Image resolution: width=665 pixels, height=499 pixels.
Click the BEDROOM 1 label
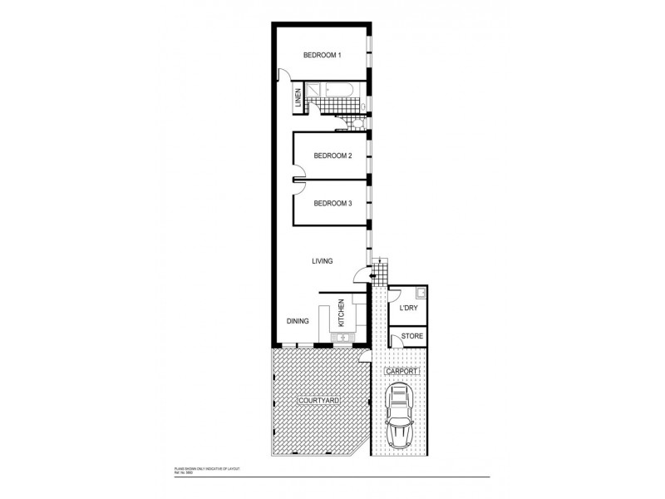(323, 56)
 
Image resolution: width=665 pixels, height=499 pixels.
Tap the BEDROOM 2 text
(332, 156)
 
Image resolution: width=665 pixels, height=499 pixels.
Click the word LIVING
(323, 261)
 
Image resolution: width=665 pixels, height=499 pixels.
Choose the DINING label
(298, 320)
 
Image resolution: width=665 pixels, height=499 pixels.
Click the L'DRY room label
(408, 309)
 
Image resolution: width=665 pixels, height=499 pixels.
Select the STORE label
(412, 337)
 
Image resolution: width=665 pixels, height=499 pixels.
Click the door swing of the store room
(395, 338)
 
